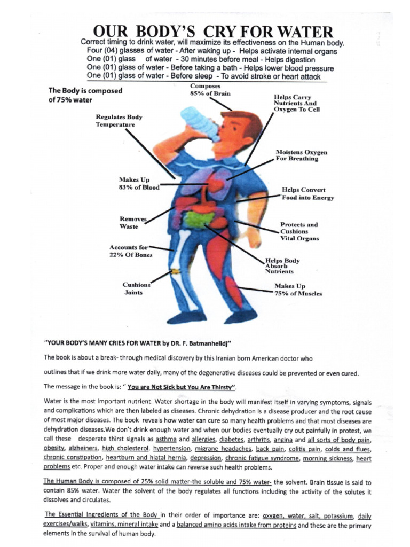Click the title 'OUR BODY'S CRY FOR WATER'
click(x=212, y=30)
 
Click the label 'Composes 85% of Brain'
click(x=210, y=90)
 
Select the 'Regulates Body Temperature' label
click(x=119, y=121)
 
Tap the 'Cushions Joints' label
click(x=136, y=288)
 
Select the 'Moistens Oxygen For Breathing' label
click(x=301, y=155)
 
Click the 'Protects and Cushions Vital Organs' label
click(x=299, y=231)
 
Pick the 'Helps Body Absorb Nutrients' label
click(x=282, y=266)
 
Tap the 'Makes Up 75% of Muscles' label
click(x=298, y=290)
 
